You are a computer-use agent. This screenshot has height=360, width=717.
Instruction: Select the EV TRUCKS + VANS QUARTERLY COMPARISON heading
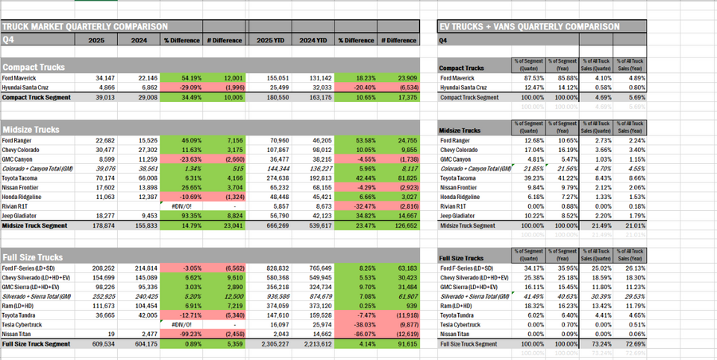point(530,26)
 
